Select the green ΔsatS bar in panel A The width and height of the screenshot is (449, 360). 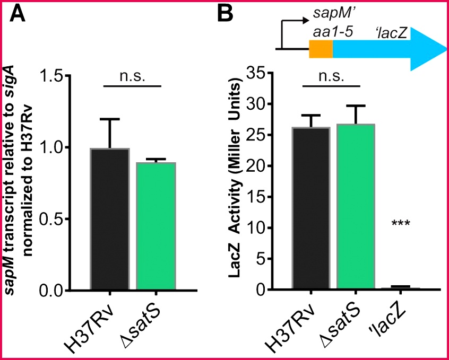[x=156, y=226]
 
